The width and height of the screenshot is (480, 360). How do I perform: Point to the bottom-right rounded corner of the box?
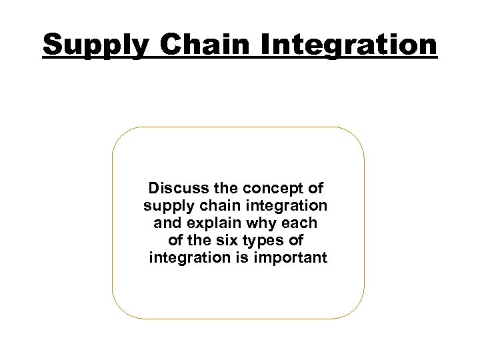tap(357, 310)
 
